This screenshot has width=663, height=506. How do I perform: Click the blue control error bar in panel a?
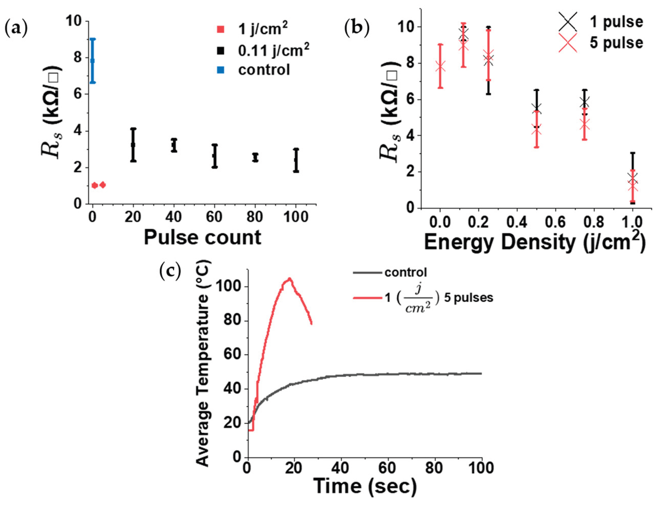pos(93,61)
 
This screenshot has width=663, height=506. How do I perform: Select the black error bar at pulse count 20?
pos(133,145)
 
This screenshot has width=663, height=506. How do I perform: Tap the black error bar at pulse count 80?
pos(255,157)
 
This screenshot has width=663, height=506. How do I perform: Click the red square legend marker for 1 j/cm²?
pos(221,30)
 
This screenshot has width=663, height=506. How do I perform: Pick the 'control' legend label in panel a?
pos(264,70)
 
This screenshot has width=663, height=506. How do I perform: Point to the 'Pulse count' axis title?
pos(202,238)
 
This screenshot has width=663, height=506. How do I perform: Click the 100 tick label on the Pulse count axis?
pos(296,217)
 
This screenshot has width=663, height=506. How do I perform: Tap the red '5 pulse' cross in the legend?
pos(568,43)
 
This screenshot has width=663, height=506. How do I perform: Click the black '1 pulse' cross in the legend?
pos(568,22)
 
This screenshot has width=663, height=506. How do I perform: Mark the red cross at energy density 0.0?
pos(440,66)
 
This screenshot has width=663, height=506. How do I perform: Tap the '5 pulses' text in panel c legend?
pos(468,298)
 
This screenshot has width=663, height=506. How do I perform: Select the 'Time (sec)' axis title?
pos(365,486)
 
